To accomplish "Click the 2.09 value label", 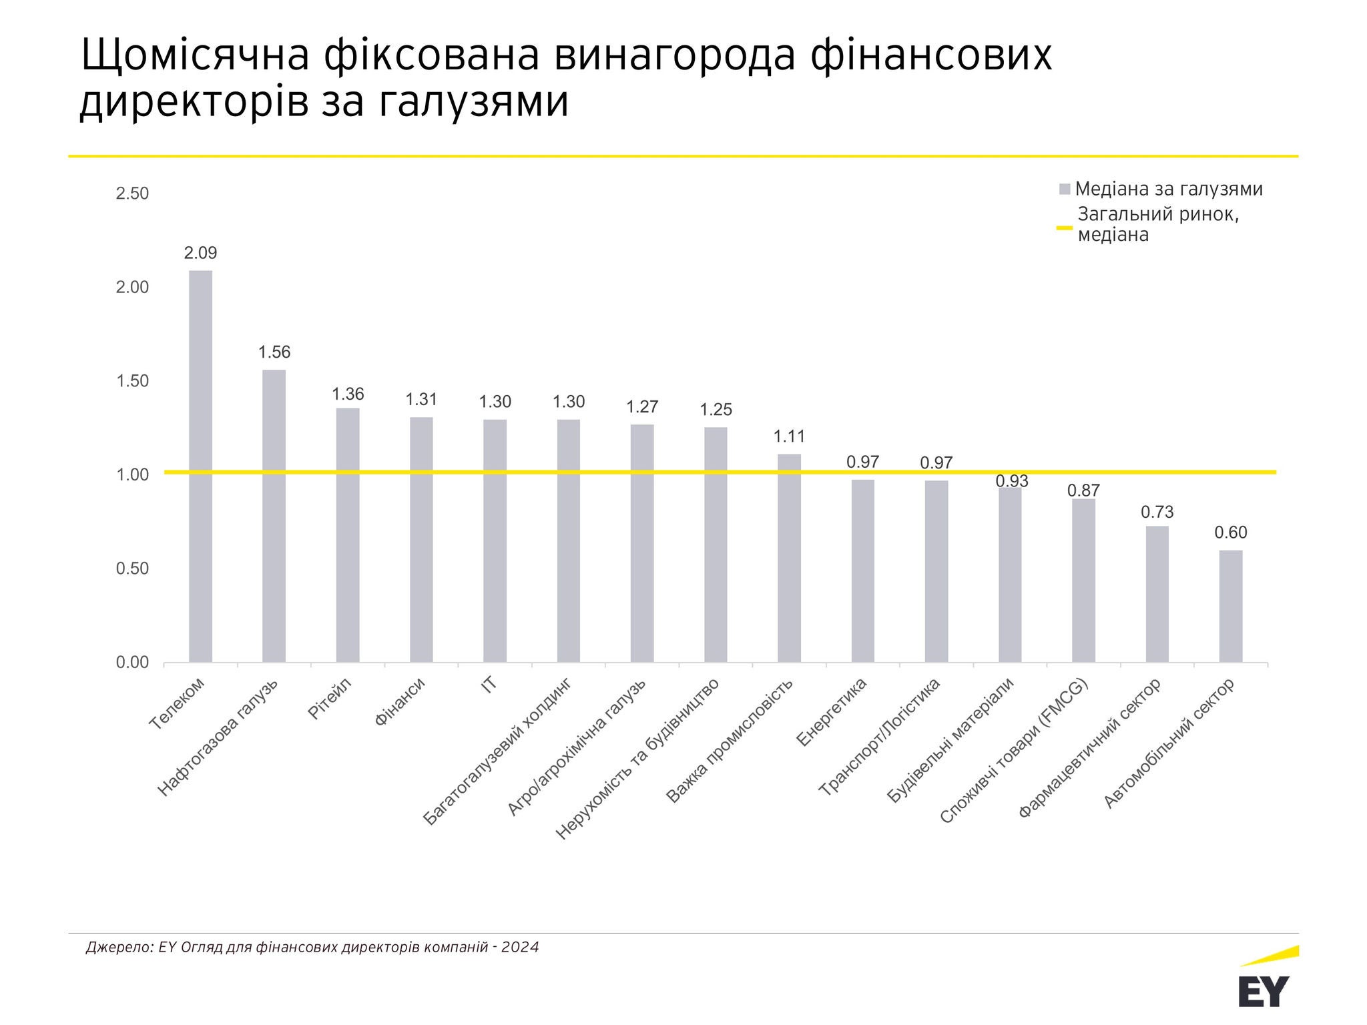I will (x=200, y=253).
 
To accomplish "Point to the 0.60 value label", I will (x=1230, y=533).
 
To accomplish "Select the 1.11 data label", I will (x=789, y=436).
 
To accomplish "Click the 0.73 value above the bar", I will (x=1157, y=512).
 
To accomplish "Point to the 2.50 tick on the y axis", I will (x=132, y=194).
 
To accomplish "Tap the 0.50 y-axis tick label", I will (x=132, y=569).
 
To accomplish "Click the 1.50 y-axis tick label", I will (x=132, y=381).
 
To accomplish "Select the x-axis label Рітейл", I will (x=329, y=698).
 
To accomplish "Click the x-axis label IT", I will (x=489, y=685).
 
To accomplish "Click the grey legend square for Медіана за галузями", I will (x=1065, y=190).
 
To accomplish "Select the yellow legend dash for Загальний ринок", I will (x=1064, y=228).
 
